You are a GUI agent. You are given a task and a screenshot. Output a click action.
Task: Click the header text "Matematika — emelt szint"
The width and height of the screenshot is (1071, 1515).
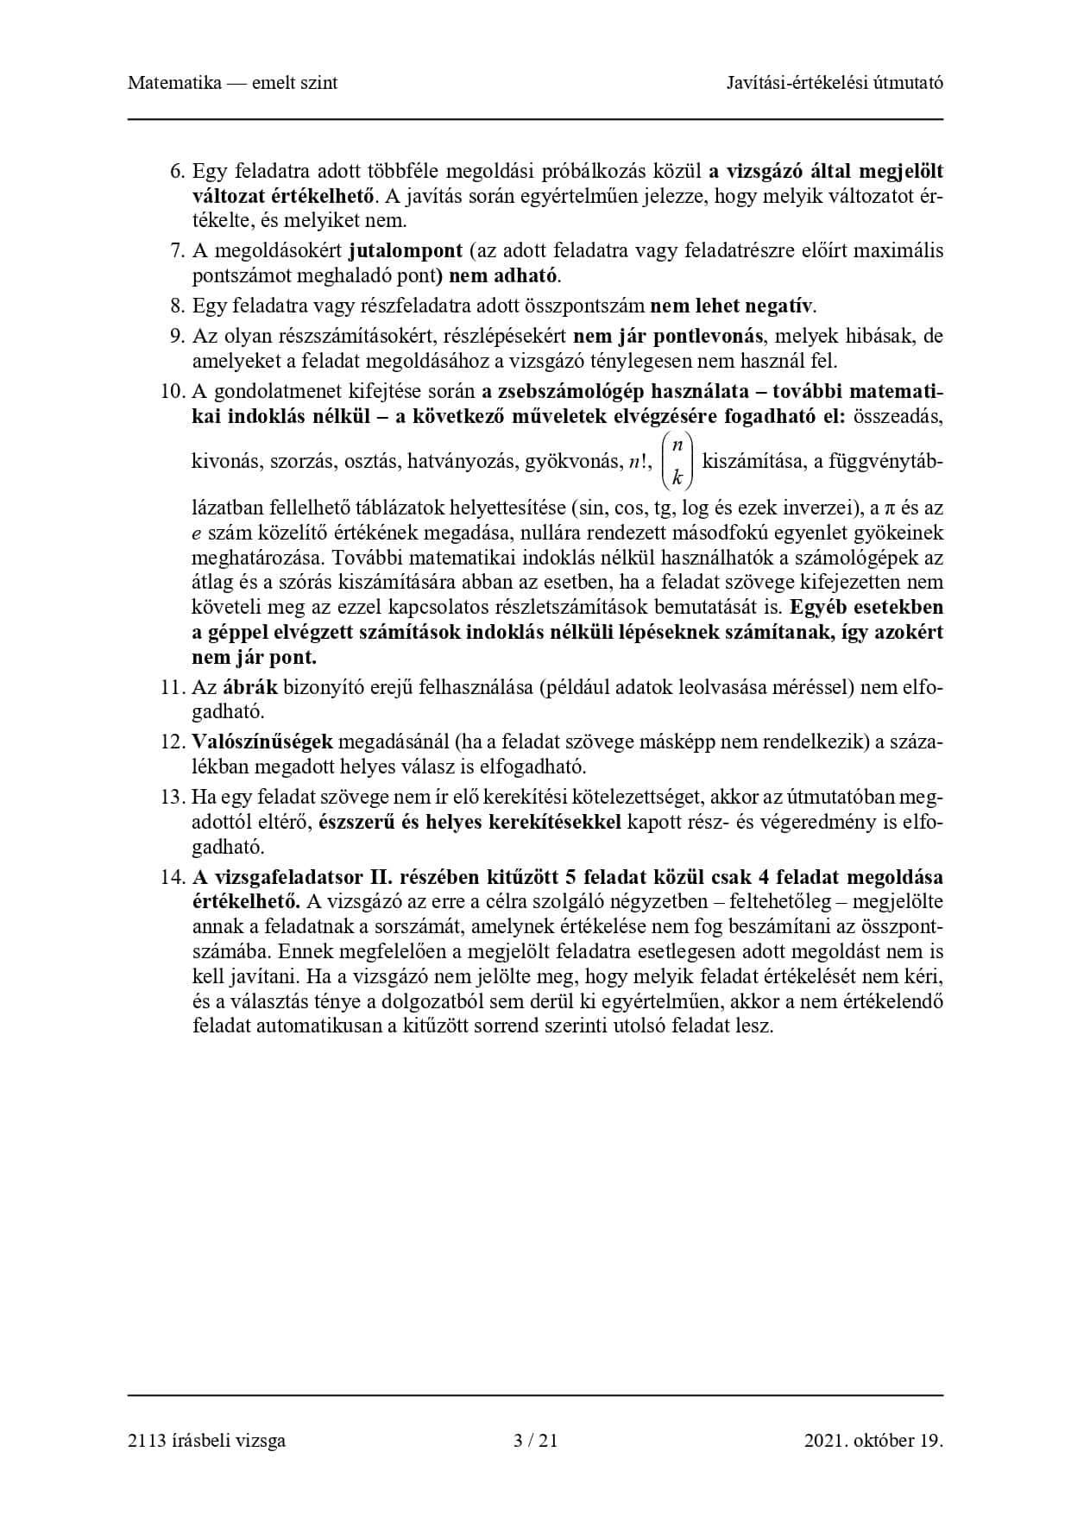(232, 83)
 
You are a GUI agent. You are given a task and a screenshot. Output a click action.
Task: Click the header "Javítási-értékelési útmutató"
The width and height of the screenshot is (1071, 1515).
(835, 83)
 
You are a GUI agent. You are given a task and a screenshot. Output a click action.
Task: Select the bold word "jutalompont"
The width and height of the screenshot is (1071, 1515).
(406, 251)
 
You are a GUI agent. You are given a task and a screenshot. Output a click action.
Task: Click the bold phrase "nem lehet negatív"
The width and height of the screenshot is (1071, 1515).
(732, 306)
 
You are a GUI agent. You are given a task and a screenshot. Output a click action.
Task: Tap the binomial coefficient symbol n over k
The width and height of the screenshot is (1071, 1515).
(677, 460)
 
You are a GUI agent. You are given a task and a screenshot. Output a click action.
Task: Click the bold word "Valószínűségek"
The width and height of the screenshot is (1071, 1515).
(261, 742)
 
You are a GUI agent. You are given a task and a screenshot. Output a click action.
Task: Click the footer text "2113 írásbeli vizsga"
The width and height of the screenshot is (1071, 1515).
(206, 1440)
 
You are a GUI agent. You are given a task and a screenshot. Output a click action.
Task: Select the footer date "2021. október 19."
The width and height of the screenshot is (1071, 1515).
(873, 1440)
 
